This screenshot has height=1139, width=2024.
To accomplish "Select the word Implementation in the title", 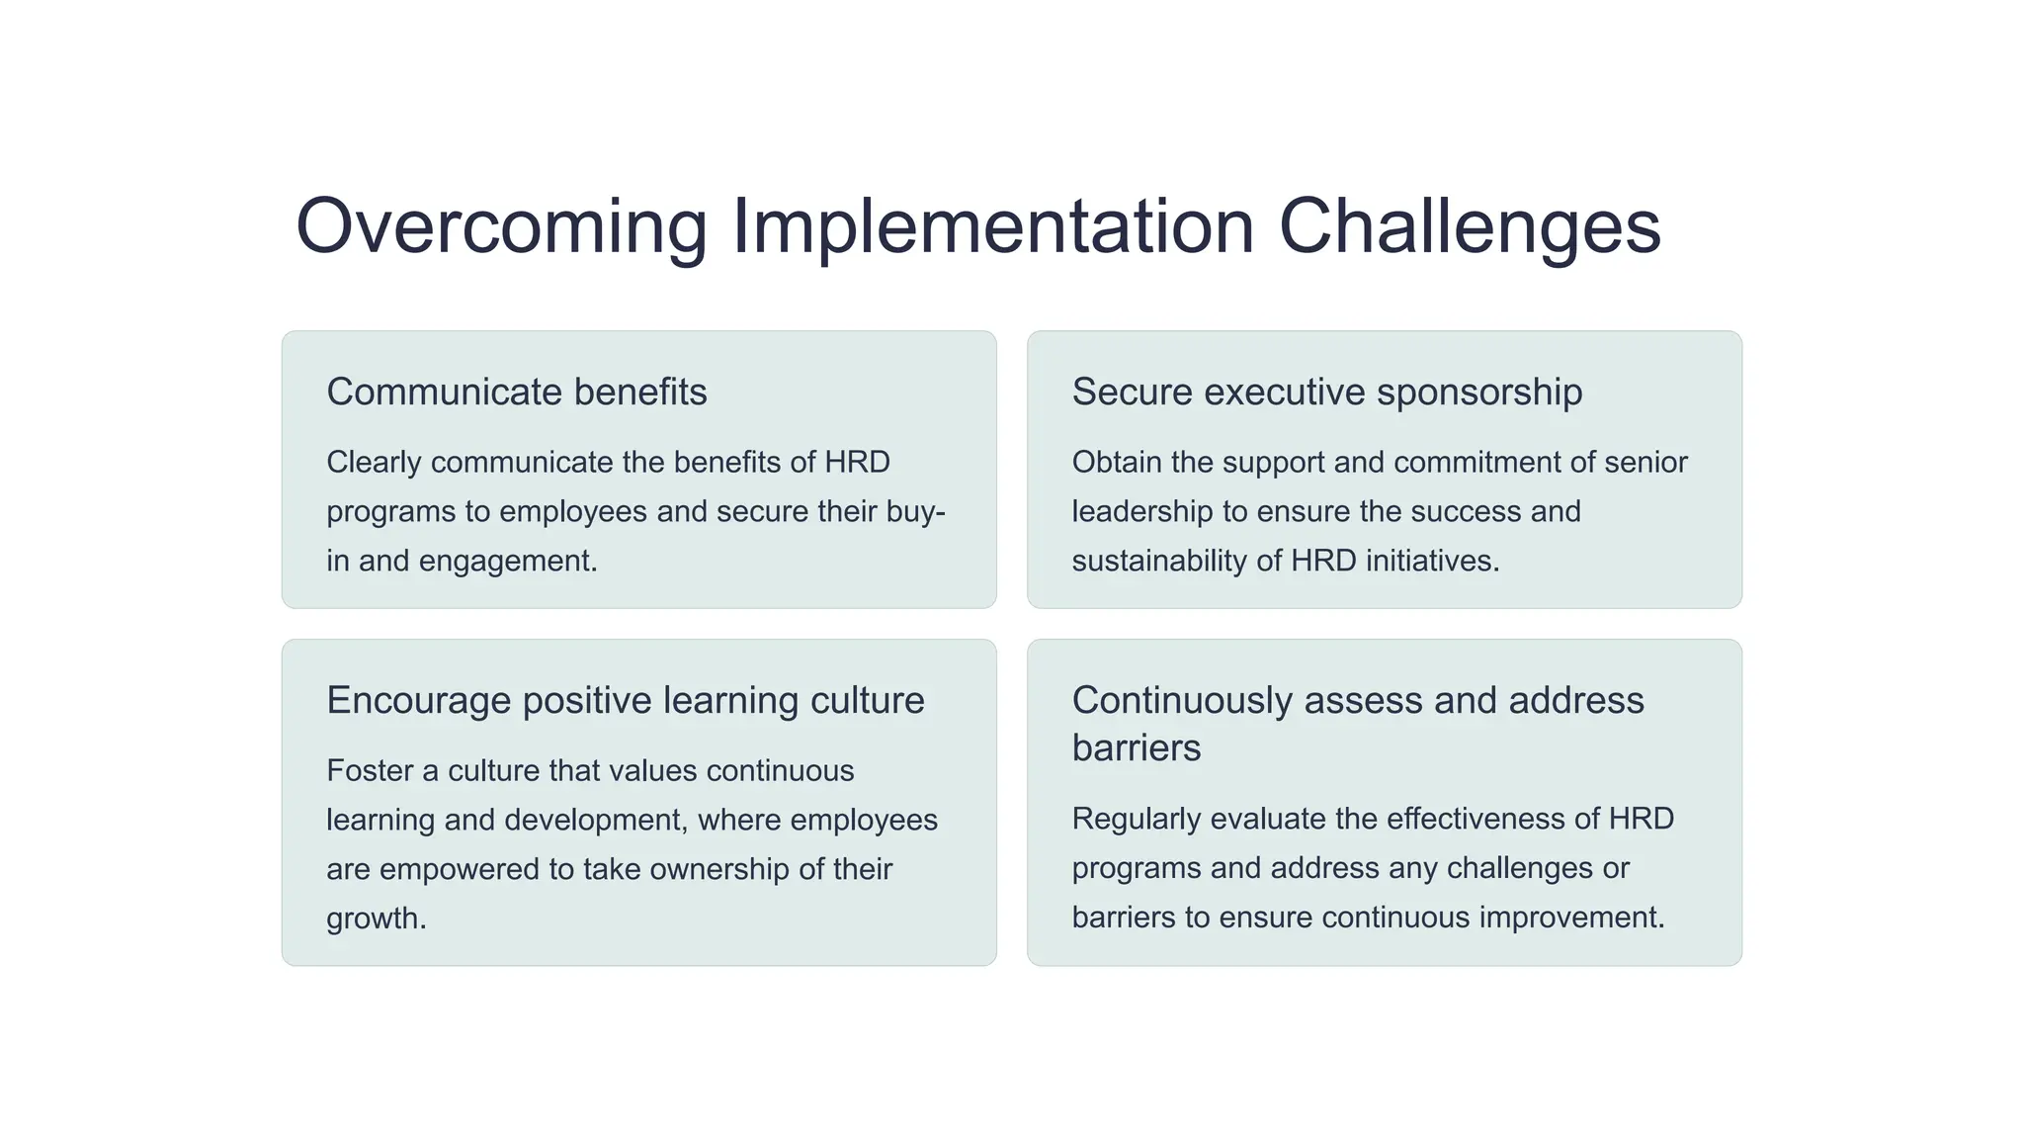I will (992, 226).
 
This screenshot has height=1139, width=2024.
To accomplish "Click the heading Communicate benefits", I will (516, 393).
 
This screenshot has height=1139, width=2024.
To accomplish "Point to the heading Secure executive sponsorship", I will (1326, 393).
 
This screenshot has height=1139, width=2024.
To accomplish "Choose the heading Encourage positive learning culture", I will (625, 701).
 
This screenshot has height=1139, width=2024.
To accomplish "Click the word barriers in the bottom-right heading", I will (1136, 748).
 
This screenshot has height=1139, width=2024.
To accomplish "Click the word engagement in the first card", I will (507, 562).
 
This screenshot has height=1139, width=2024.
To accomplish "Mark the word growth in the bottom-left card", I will (375, 920).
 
